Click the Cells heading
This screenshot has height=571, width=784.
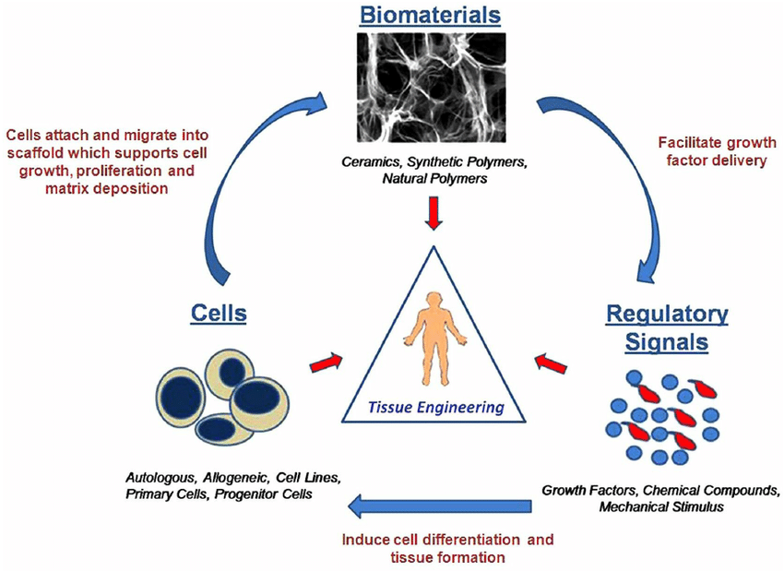tap(219, 313)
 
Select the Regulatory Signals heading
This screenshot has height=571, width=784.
tap(666, 327)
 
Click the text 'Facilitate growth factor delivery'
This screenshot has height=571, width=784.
tap(717, 152)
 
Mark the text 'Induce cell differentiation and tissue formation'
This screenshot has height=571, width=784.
tap(448, 548)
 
